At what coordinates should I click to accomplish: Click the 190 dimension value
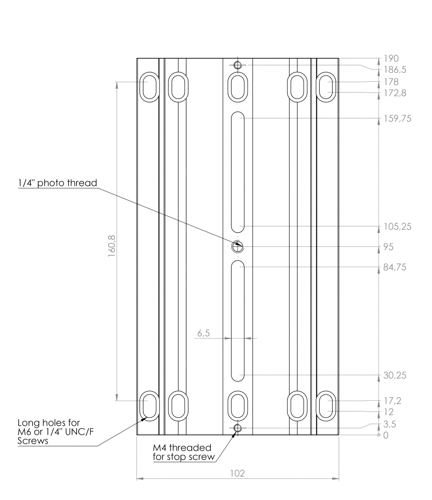[x=391, y=59]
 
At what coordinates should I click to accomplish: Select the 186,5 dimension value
[x=395, y=70]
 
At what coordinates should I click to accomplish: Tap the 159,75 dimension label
[x=397, y=119]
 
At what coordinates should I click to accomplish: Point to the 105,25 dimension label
[x=397, y=227]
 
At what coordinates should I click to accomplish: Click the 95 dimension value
[x=388, y=247]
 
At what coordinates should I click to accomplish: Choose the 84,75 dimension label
[x=395, y=267]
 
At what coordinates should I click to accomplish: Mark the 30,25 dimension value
[x=395, y=375]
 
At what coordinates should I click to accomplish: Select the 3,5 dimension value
[x=390, y=425]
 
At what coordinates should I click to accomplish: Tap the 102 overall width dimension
[x=237, y=473]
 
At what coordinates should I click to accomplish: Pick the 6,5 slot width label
[x=203, y=333]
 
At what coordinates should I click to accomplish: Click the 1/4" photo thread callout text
[x=57, y=183]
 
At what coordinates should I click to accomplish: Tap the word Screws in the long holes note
[x=33, y=441]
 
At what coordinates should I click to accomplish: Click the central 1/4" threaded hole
[x=237, y=247]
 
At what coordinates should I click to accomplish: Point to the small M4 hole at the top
[x=237, y=65]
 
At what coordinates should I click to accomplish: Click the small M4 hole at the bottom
[x=237, y=428]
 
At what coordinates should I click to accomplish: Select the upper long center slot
[x=237, y=172]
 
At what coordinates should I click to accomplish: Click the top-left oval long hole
[x=149, y=86]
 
